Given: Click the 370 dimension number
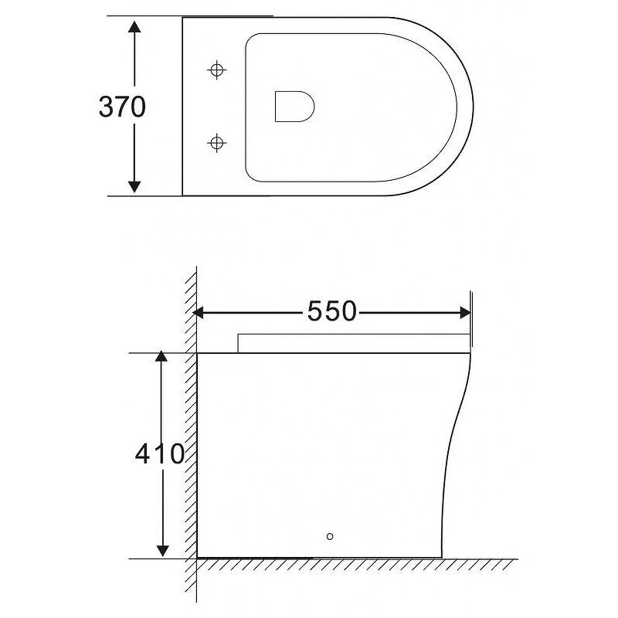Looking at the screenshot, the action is tap(122, 107).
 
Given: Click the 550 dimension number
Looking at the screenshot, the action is tap(332, 311).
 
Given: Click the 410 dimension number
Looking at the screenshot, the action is tap(160, 453).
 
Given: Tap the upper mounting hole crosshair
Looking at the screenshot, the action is tap(216, 70).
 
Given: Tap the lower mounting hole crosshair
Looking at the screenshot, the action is tap(216, 142).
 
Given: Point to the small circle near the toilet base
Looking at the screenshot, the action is tap(330, 536).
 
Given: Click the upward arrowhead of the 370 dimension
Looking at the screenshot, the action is tap(134, 27).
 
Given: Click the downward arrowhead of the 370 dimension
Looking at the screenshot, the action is tap(134, 186).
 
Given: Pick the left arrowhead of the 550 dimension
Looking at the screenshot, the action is tap(199, 314).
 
